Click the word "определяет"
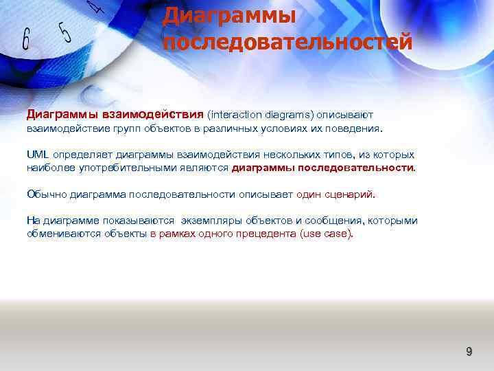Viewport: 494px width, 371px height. (x=83, y=155)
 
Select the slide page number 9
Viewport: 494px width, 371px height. (x=469, y=352)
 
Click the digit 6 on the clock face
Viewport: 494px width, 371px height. (x=25, y=39)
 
